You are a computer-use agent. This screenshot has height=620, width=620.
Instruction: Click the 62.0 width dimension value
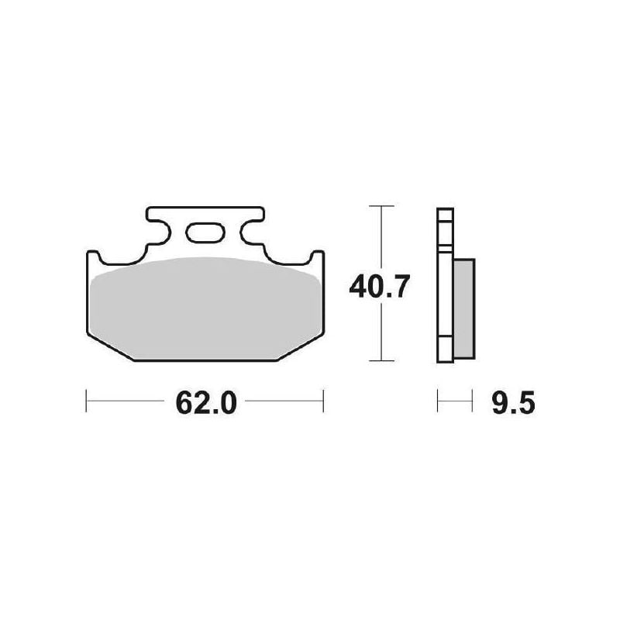tap(206, 403)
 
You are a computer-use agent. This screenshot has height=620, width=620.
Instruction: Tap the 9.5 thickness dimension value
tap(513, 403)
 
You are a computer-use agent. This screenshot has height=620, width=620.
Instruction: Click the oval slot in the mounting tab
tap(205, 232)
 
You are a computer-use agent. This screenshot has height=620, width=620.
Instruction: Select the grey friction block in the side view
tap(463, 308)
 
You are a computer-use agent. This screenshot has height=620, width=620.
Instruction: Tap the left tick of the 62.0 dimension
tap(86, 401)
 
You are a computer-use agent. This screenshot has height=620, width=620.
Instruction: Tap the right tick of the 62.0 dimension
tap(323, 401)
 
